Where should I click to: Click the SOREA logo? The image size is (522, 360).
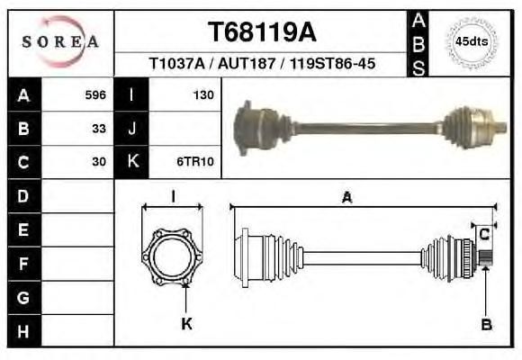[60, 41]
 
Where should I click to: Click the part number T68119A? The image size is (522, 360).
[262, 32]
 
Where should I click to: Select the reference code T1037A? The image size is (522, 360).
[176, 63]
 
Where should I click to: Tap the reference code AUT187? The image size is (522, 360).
[247, 63]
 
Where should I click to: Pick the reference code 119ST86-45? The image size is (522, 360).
[333, 63]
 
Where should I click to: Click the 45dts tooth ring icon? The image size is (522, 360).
[472, 42]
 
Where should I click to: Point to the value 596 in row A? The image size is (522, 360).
[95, 95]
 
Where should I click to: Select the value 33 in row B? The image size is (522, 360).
[99, 129]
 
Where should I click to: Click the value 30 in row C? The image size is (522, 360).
[99, 162]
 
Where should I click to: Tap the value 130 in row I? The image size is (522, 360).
[203, 95]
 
